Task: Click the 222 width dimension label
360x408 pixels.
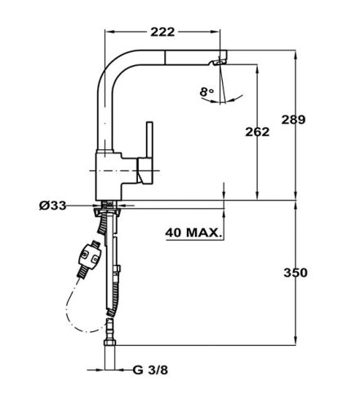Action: click(x=162, y=32)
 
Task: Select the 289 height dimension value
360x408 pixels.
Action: click(x=293, y=120)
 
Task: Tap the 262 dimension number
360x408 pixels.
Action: click(x=257, y=132)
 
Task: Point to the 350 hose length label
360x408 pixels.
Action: click(x=296, y=273)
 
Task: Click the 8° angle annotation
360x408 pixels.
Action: click(x=207, y=92)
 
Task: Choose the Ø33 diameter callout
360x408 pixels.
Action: click(x=52, y=206)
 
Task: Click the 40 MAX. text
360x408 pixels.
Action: click(x=193, y=233)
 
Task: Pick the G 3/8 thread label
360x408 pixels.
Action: click(x=150, y=370)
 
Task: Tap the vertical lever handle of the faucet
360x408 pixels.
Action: click(x=149, y=140)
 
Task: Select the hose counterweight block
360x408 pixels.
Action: click(x=89, y=256)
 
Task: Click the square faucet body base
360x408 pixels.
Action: click(x=109, y=176)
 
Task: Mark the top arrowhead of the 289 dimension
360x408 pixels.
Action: click(x=296, y=54)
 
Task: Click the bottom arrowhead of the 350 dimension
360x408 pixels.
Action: click(x=296, y=341)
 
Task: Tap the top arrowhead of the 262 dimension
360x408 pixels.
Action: click(x=257, y=69)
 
